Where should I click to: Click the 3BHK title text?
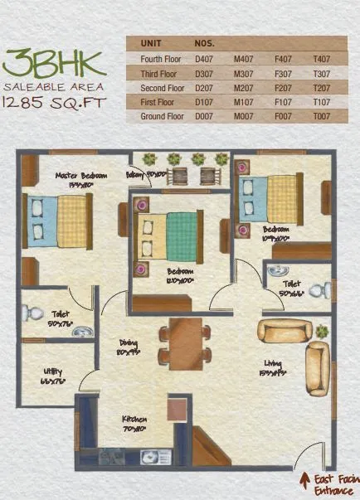[x=54, y=63]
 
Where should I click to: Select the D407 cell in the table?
[x=203, y=59]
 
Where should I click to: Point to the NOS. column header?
[x=205, y=42]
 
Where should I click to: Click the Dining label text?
[x=128, y=348]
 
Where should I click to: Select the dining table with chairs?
[x=185, y=342]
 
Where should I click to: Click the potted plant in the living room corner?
[x=321, y=331]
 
